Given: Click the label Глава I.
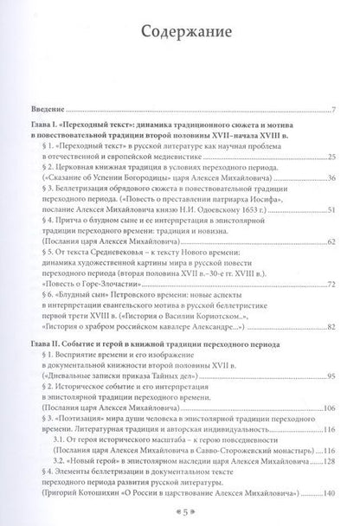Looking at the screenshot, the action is (41, 125).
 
